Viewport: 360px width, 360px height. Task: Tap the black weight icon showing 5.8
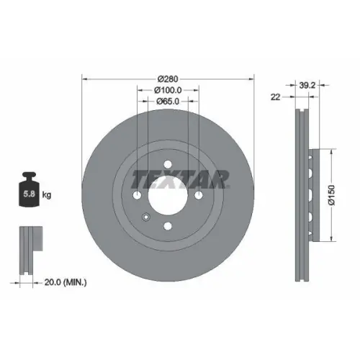coord(30,192)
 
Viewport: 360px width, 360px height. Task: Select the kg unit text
coord(46,194)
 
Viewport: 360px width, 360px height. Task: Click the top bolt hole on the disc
coord(168,166)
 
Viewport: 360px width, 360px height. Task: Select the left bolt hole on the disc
coord(138,196)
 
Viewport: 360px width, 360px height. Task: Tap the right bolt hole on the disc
coord(198,196)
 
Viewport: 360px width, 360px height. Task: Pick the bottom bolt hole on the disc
coord(168,226)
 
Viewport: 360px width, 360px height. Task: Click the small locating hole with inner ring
coord(146,217)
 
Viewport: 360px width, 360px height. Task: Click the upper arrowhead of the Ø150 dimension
coord(331,153)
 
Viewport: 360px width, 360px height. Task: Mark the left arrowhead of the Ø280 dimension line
coord(84,78)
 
